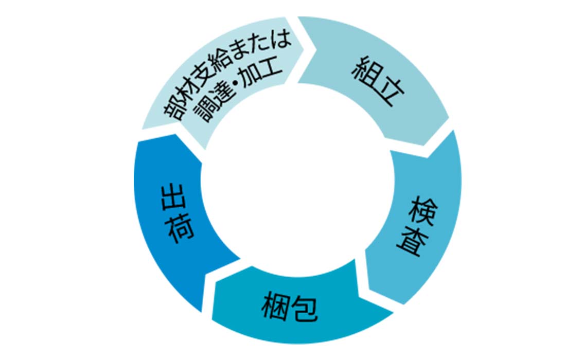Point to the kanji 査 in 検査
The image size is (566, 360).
click(412, 241)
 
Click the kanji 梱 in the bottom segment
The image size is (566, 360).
click(276, 305)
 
